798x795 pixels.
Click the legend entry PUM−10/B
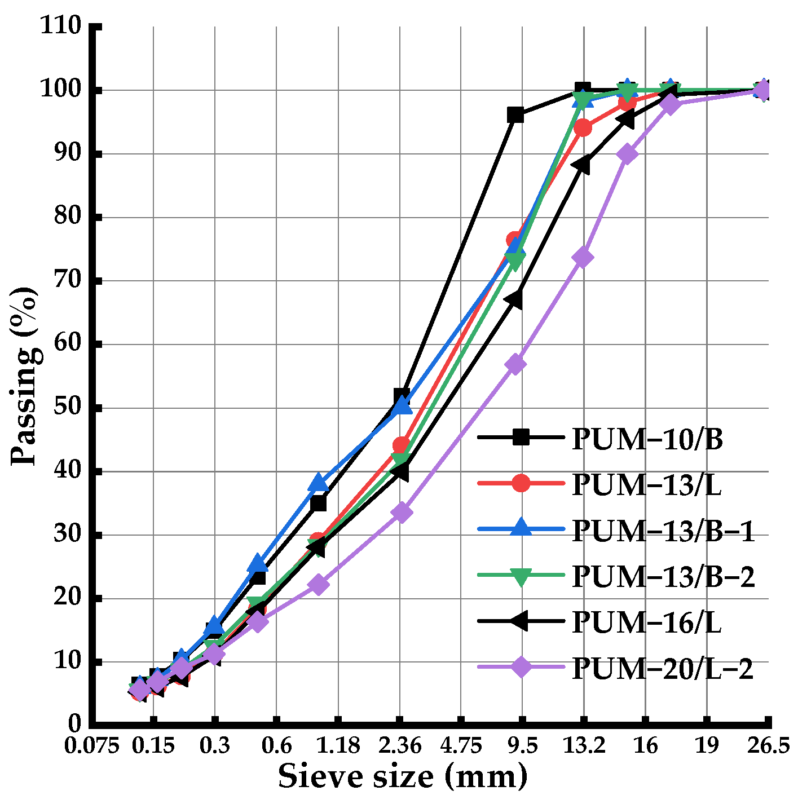[647, 439]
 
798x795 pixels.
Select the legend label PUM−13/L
[646, 485]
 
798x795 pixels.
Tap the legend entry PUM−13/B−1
[663, 531]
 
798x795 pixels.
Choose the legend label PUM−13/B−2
[663, 576]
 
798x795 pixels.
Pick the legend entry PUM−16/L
[646, 622]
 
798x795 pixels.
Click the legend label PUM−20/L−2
[663, 669]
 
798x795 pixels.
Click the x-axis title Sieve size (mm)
[403, 776]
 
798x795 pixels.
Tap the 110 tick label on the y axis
[60, 26]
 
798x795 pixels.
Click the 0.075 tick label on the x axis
[92, 746]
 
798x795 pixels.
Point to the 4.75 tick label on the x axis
[461, 746]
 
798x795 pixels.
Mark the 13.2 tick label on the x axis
[584, 746]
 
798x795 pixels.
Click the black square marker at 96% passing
[515, 115]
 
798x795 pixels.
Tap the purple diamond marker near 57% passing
[515, 364]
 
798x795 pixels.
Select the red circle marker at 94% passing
[583, 128]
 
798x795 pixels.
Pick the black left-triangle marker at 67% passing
[514, 300]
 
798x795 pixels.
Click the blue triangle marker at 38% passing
[319, 483]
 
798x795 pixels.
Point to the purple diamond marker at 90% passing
[627, 154]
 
